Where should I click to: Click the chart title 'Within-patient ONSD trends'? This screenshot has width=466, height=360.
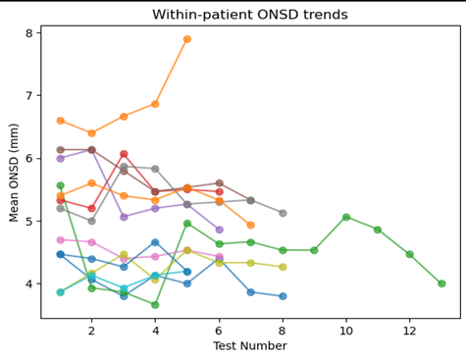coord(250,15)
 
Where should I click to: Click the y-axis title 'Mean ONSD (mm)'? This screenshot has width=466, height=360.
coord(14,173)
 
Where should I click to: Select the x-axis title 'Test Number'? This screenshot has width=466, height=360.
coord(250,345)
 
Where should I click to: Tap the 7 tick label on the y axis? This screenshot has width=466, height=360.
coord(29,96)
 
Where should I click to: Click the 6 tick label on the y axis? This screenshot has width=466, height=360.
coord(29,159)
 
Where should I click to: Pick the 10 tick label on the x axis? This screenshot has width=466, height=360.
coord(346,331)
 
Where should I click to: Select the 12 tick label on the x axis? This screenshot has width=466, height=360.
coord(409,331)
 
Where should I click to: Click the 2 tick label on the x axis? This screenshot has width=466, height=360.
coord(91,331)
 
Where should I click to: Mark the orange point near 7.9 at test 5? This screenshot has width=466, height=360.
coord(187,39)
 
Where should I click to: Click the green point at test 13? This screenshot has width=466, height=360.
coord(441,283)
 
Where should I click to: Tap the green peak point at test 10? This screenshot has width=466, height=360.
coord(346,217)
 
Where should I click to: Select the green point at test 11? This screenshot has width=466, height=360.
coord(378,230)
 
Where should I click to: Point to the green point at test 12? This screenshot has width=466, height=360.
coord(409,254)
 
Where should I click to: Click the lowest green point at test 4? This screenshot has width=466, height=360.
coord(155,305)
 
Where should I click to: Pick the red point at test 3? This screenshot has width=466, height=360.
coord(124,154)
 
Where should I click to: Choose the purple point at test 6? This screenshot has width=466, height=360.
coord(219,230)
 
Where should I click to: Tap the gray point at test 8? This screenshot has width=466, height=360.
coord(283,213)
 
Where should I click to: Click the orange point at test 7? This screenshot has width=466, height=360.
coord(251,225)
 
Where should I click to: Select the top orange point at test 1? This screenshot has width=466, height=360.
coord(60,121)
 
